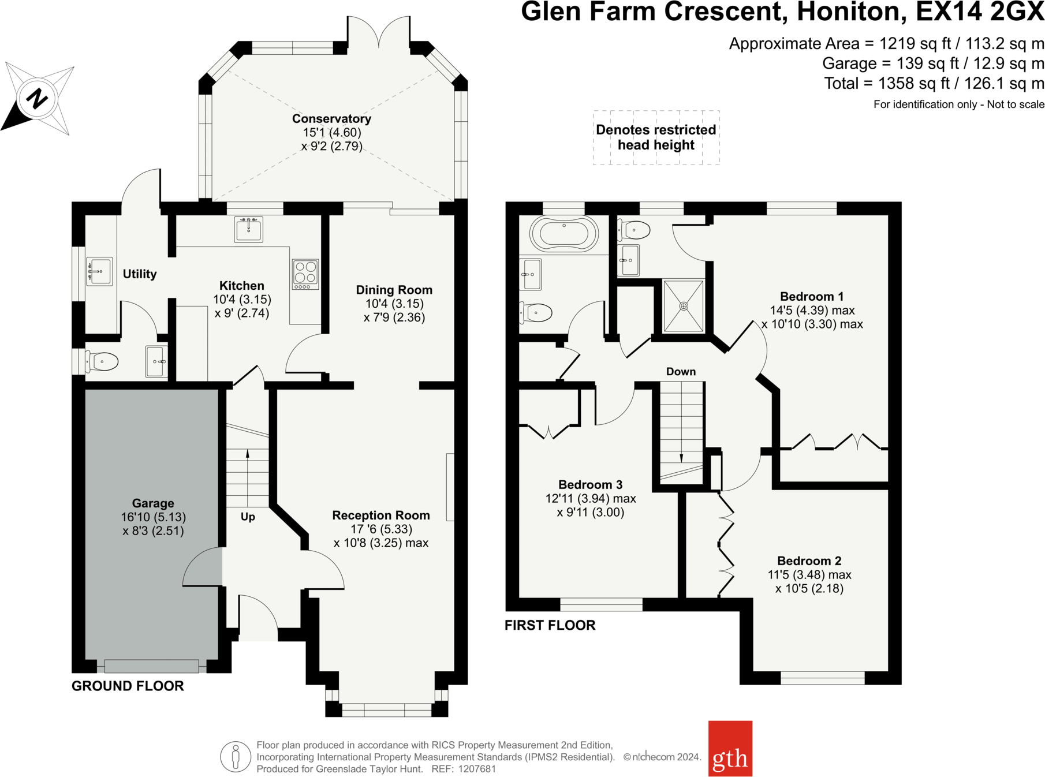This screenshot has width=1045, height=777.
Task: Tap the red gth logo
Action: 730,748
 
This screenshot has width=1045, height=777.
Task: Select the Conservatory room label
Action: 331,119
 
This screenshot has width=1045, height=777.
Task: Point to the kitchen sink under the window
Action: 249,229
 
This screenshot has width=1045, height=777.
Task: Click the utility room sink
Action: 99,271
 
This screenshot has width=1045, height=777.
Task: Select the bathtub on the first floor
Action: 564,234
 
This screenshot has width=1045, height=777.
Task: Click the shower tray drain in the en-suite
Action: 684,306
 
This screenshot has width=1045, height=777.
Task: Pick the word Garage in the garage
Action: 153,503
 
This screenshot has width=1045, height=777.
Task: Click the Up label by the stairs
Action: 248,517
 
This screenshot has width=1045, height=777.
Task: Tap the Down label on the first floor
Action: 681,372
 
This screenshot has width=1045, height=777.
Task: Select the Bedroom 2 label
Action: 809,561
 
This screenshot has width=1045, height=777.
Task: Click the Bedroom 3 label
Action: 590,485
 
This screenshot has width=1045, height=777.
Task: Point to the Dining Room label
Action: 394,290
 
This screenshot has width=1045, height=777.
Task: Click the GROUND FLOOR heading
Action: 128,686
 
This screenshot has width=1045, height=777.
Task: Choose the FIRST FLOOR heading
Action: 550,625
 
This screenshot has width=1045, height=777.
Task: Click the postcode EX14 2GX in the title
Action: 980,12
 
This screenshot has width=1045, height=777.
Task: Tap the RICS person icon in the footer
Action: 236,757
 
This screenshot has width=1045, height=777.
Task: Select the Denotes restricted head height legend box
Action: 656,137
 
